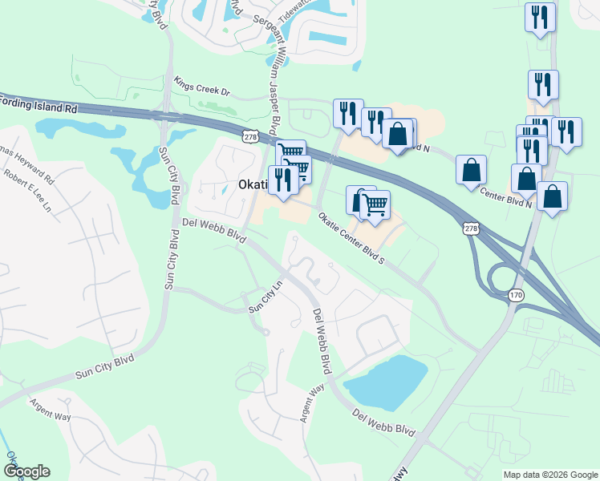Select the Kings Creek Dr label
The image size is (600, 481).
point(201,86)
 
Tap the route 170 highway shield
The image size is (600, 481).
point(515,296)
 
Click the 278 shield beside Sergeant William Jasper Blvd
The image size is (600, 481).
point(250,137)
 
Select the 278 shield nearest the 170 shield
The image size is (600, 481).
point(471,228)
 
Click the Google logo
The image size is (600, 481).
point(26,471)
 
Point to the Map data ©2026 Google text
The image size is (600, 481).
point(550,475)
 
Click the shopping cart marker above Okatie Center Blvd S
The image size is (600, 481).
point(375,204)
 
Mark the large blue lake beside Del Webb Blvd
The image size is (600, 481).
point(389,381)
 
